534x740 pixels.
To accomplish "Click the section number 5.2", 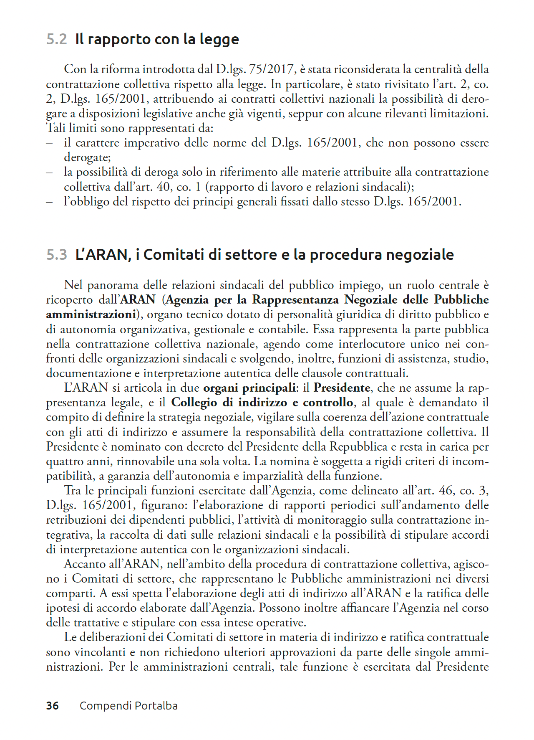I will pos(56,39).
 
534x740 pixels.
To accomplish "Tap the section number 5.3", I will pos(56,254).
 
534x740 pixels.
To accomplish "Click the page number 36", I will pos(52,706).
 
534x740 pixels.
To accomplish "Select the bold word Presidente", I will pos(342,388).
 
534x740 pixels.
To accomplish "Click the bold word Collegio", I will pos(195,403).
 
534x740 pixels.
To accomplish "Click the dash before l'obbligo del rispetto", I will pos(50,202).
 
